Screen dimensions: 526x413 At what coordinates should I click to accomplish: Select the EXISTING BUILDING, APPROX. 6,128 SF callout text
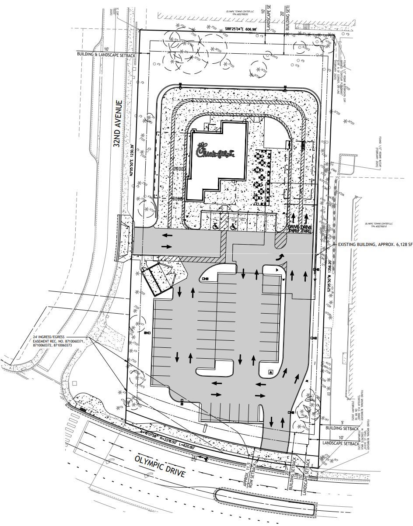click(x=375, y=245)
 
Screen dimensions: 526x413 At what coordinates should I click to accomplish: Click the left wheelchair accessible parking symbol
click(x=215, y=227)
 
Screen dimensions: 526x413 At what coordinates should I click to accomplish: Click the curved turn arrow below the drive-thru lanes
click(x=278, y=257)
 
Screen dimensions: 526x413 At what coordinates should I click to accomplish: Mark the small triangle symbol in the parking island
click(x=271, y=372)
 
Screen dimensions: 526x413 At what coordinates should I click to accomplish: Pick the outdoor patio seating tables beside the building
click(x=262, y=177)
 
